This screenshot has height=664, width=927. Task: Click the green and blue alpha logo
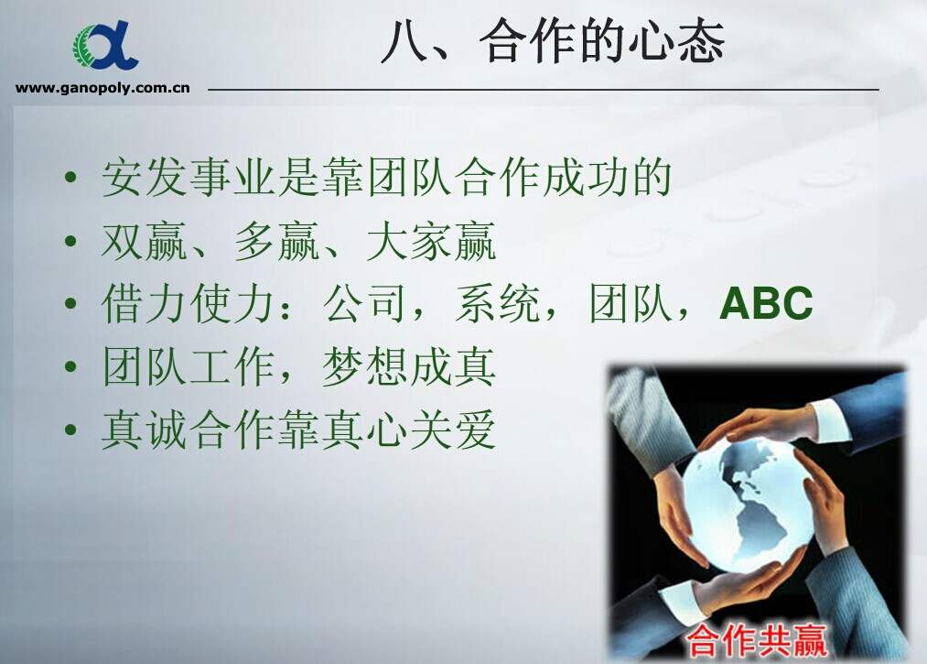(x=106, y=46)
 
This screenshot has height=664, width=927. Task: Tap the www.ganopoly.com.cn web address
(x=102, y=88)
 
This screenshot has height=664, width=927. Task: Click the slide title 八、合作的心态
(x=553, y=41)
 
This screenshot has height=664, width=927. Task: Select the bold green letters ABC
(x=766, y=303)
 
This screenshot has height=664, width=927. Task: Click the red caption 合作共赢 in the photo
(x=756, y=640)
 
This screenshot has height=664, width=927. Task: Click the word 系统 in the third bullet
(x=498, y=303)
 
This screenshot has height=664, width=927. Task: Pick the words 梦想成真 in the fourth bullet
(x=409, y=366)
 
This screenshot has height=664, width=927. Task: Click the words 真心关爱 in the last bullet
(x=409, y=430)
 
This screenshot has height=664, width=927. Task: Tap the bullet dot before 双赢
(x=70, y=241)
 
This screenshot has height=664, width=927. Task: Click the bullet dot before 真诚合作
(x=70, y=430)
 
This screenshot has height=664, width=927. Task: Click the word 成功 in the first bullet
(x=586, y=177)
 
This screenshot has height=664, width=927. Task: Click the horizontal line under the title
(x=544, y=90)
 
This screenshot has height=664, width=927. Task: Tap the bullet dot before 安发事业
(x=70, y=178)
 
